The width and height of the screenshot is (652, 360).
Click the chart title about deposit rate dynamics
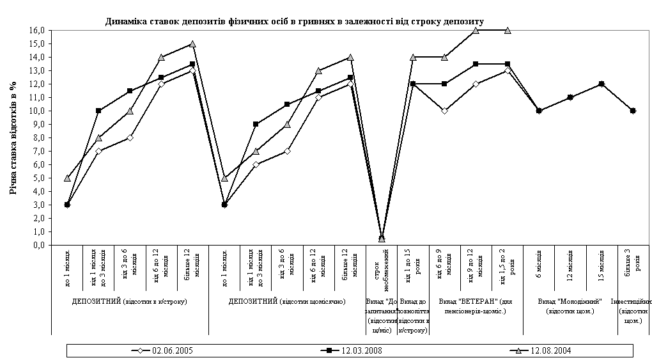point(294,21)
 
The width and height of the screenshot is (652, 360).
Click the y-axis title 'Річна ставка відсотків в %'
point(13,138)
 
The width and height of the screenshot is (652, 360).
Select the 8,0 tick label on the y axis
point(37,137)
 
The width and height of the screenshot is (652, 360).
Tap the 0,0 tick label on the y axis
point(37,245)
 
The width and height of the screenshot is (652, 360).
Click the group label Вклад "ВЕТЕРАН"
point(476,306)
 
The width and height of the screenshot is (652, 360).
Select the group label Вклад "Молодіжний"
point(570,306)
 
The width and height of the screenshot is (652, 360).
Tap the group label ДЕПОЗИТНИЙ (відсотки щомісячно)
point(287,301)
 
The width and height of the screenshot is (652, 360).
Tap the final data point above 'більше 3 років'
point(633,111)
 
